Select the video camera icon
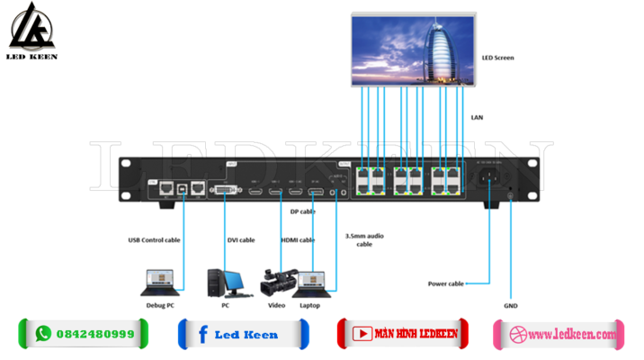coord(275,282)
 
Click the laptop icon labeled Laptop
coord(312,282)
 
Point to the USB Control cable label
coord(155,240)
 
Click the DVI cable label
coord(240,240)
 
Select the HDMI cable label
coord(298,240)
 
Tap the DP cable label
coord(302,211)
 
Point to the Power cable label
coord(445,283)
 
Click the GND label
coord(511,305)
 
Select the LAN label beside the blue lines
coord(477,117)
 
